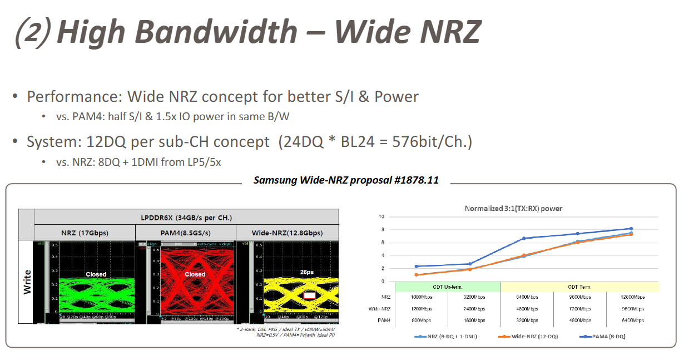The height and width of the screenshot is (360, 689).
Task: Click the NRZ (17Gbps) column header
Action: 85,233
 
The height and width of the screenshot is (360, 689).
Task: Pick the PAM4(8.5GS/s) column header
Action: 186,233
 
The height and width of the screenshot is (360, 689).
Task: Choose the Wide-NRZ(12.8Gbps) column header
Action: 287,233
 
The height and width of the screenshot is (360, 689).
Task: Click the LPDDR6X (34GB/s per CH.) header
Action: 186,217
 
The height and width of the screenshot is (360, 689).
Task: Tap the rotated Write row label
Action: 27,282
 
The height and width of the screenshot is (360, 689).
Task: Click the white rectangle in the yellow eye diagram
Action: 310,295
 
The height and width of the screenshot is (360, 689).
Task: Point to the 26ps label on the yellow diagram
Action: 308,273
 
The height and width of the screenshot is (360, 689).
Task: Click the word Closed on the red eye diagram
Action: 195,274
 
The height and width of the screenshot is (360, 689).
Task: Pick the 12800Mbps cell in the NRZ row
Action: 632,297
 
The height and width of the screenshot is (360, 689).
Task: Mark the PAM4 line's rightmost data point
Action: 631,229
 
